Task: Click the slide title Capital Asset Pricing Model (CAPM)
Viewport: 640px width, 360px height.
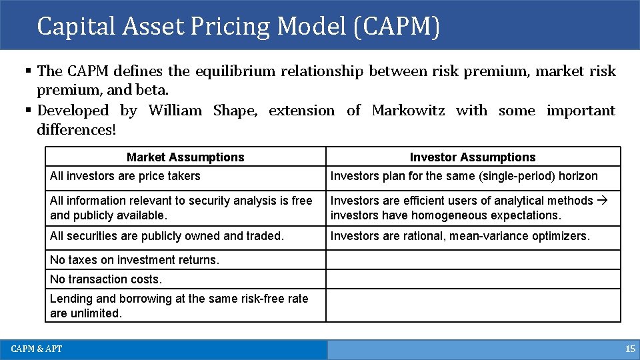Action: point(238,27)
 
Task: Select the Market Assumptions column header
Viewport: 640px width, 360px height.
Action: point(185,157)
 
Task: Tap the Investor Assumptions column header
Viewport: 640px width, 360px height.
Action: point(472,157)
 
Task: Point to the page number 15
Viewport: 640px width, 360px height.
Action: point(630,349)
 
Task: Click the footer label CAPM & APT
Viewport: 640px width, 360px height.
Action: point(37,349)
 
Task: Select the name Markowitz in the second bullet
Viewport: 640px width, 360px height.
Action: point(408,111)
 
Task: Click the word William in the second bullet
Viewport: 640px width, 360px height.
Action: point(175,111)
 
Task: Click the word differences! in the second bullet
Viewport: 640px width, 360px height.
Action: point(77,129)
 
